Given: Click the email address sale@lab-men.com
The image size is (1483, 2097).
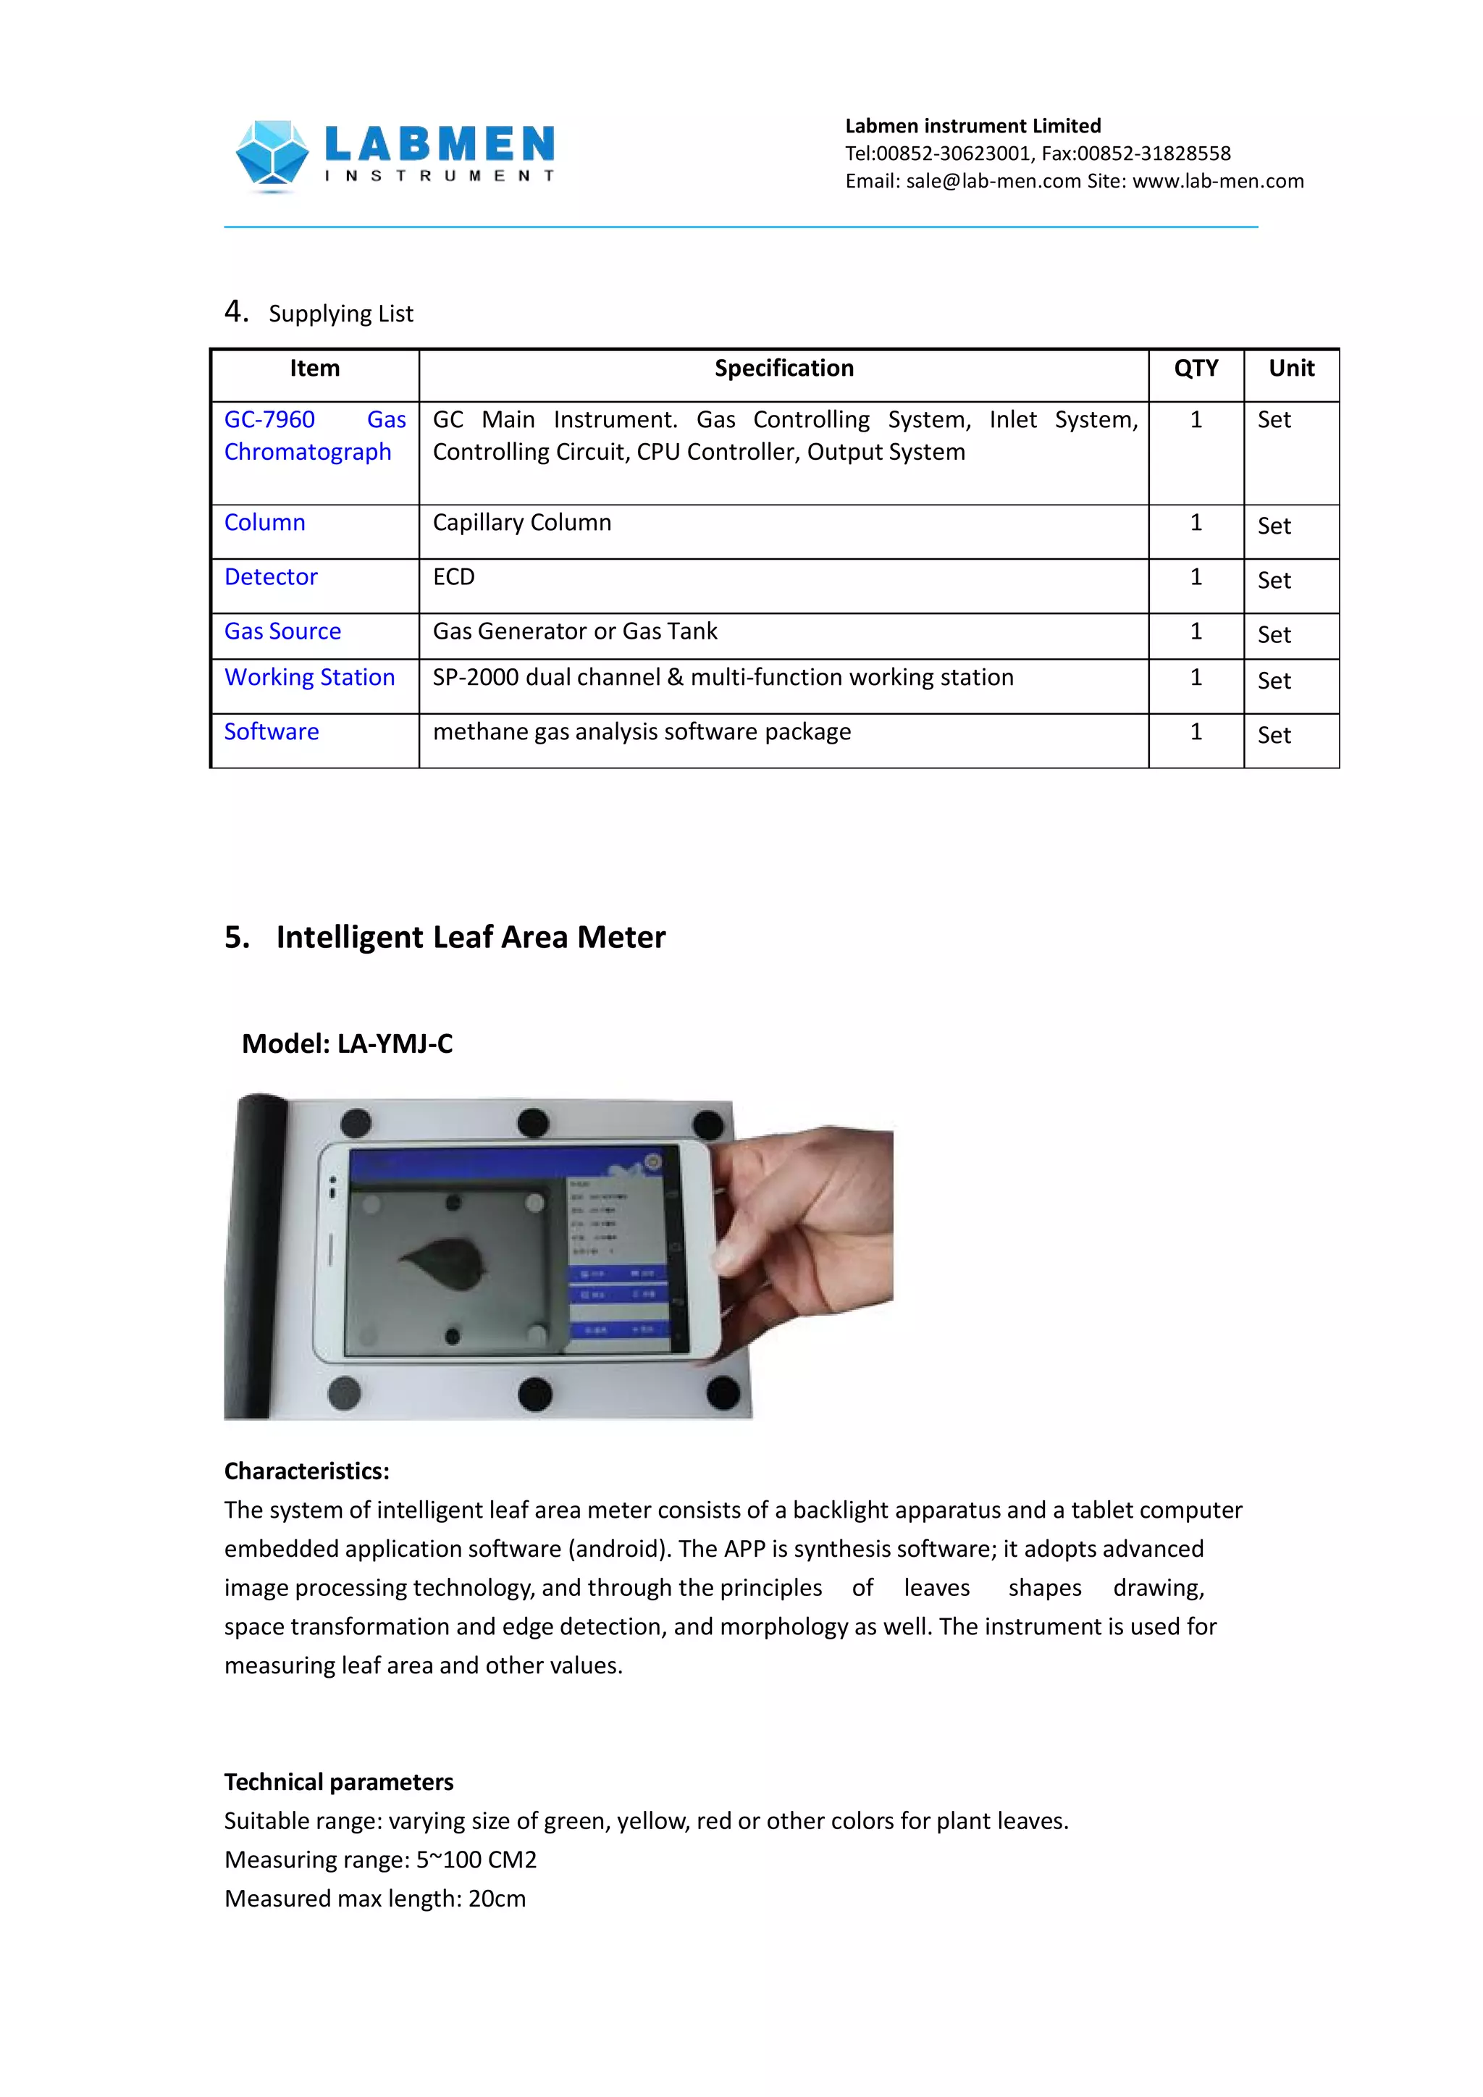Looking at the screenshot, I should pyautogui.click(x=993, y=181).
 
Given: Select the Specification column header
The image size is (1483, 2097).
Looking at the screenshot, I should pyautogui.click(x=783, y=368).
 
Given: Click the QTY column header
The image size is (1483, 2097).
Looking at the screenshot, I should pyautogui.click(x=1196, y=368).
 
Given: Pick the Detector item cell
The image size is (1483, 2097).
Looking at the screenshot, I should pyautogui.click(x=272, y=577).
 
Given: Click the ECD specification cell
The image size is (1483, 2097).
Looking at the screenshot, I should pyautogui.click(x=454, y=577).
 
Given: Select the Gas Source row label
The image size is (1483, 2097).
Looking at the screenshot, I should pyautogui.click(x=282, y=631).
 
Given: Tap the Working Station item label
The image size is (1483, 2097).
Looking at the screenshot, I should pyautogui.click(x=310, y=677).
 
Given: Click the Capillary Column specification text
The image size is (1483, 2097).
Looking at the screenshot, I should pyautogui.click(x=521, y=522).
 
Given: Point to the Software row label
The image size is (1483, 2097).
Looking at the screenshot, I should pyautogui.click(x=272, y=731).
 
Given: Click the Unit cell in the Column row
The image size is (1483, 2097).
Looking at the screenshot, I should pyautogui.click(x=1274, y=526).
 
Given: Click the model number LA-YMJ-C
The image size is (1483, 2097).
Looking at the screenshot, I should pyautogui.click(x=395, y=1043).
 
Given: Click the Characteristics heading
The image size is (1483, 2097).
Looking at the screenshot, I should pyautogui.click(x=307, y=1471).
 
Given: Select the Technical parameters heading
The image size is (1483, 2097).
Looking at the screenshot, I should pyautogui.click(x=339, y=1781).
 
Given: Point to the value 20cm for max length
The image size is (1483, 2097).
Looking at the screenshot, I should pyautogui.click(x=497, y=1898).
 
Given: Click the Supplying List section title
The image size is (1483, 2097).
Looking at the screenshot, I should pyautogui.click(x=340, y=314).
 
